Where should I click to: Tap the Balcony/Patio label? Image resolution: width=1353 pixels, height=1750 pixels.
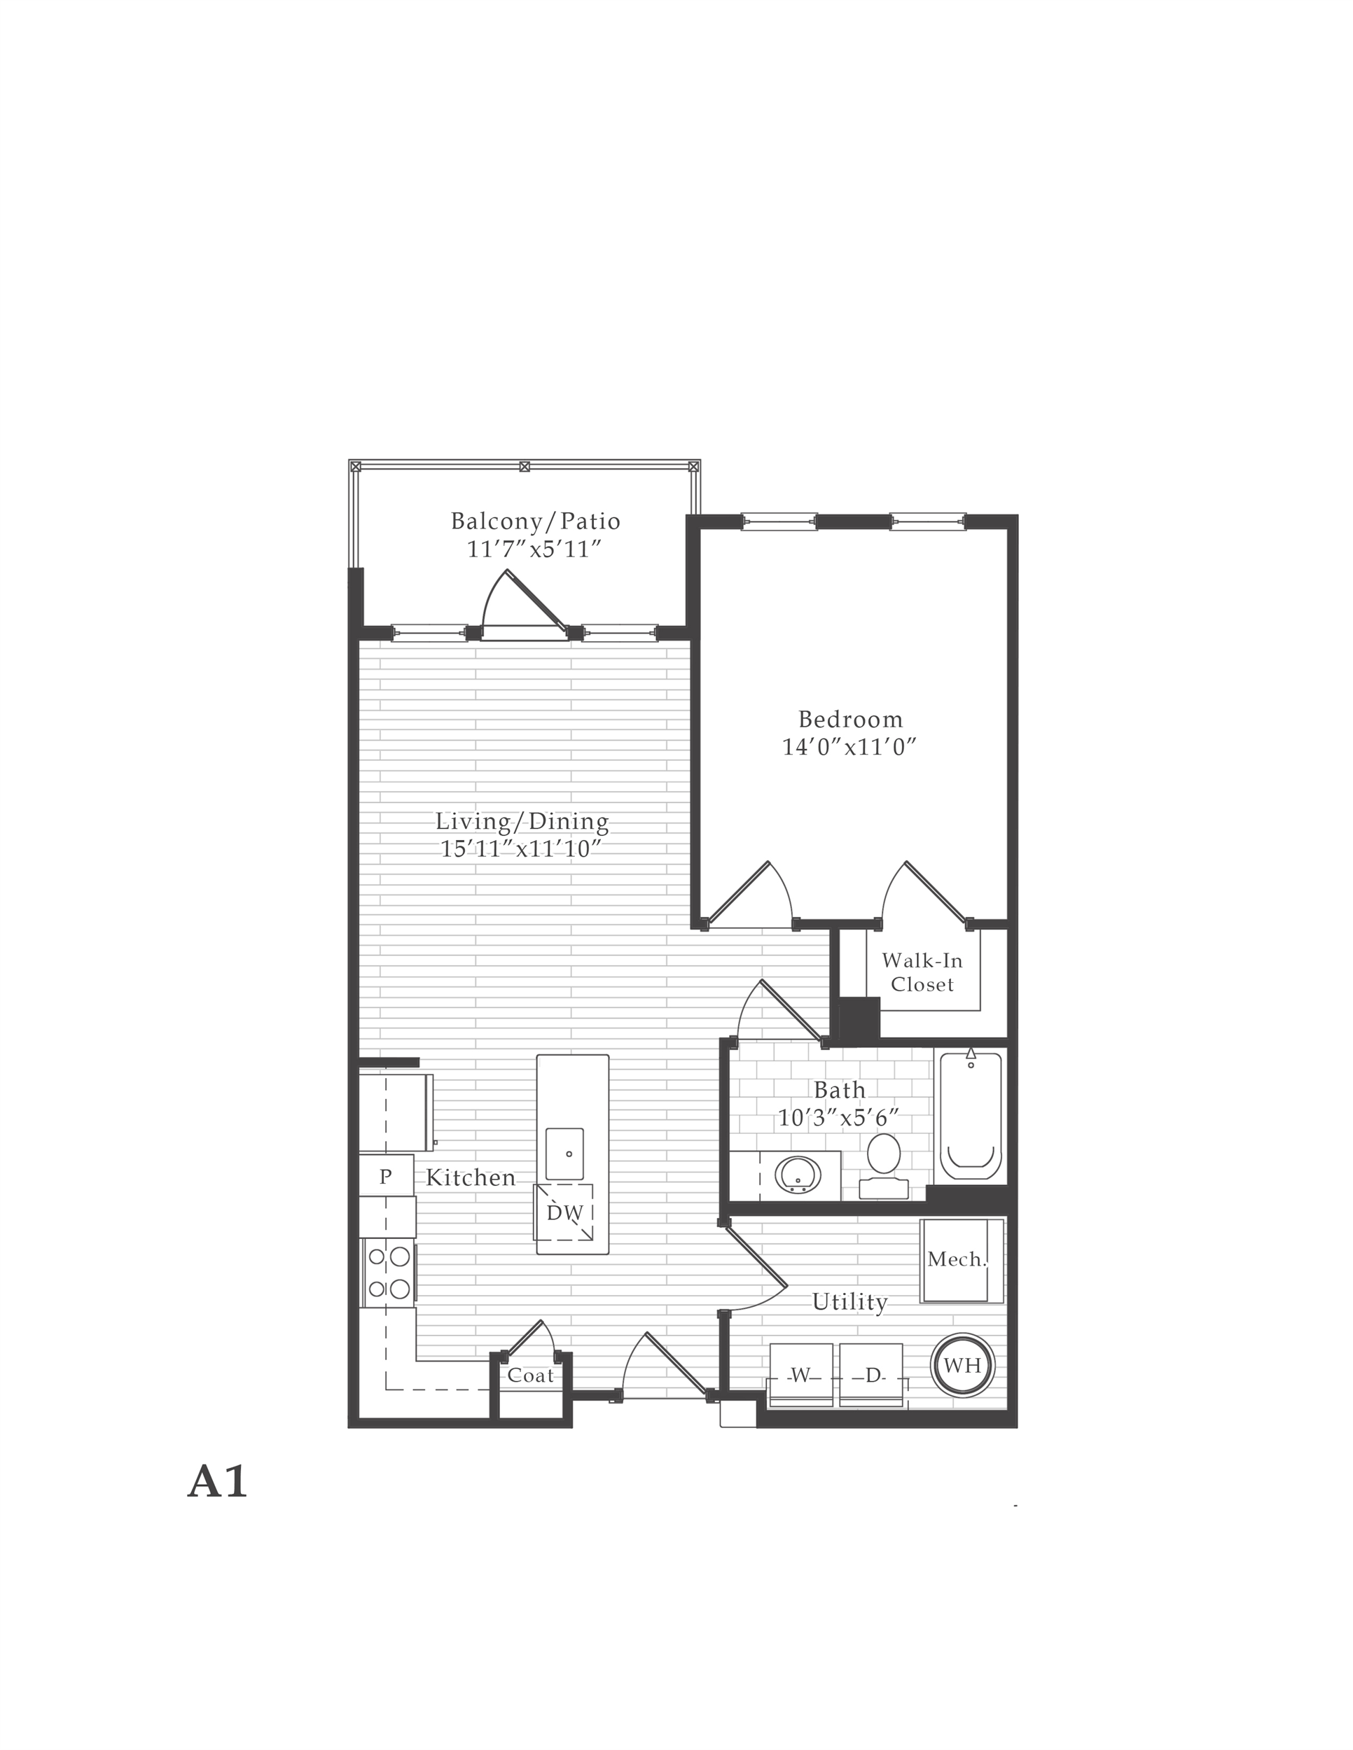tap(536, 521)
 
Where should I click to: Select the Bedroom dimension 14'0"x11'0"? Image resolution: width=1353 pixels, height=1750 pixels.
tap(849, 747)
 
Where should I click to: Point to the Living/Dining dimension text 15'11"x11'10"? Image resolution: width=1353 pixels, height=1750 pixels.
tap(521, 848)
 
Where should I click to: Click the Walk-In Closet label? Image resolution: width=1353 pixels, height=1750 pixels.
tap(922, 972)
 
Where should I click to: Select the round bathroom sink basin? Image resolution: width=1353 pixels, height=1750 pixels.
tap(798, 1175)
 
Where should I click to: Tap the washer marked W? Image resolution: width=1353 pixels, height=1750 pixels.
tap(800, 1375)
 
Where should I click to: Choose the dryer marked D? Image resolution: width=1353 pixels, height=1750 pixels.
tap(872, 1375)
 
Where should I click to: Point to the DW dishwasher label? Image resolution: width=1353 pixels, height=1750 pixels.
tap(564, 1213)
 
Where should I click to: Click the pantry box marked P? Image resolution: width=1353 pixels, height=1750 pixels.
tap(386, 1175)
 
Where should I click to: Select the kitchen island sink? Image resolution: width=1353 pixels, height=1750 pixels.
tap(564, 1153)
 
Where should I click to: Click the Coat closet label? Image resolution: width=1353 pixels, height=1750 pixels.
tap(531, 1375)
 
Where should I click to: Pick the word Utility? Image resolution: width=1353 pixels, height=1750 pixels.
tap(849, 1302)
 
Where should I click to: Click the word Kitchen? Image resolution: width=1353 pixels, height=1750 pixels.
tap(471, 1177)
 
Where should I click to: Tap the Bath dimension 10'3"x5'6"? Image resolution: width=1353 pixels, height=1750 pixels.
tap(838, 1117)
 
